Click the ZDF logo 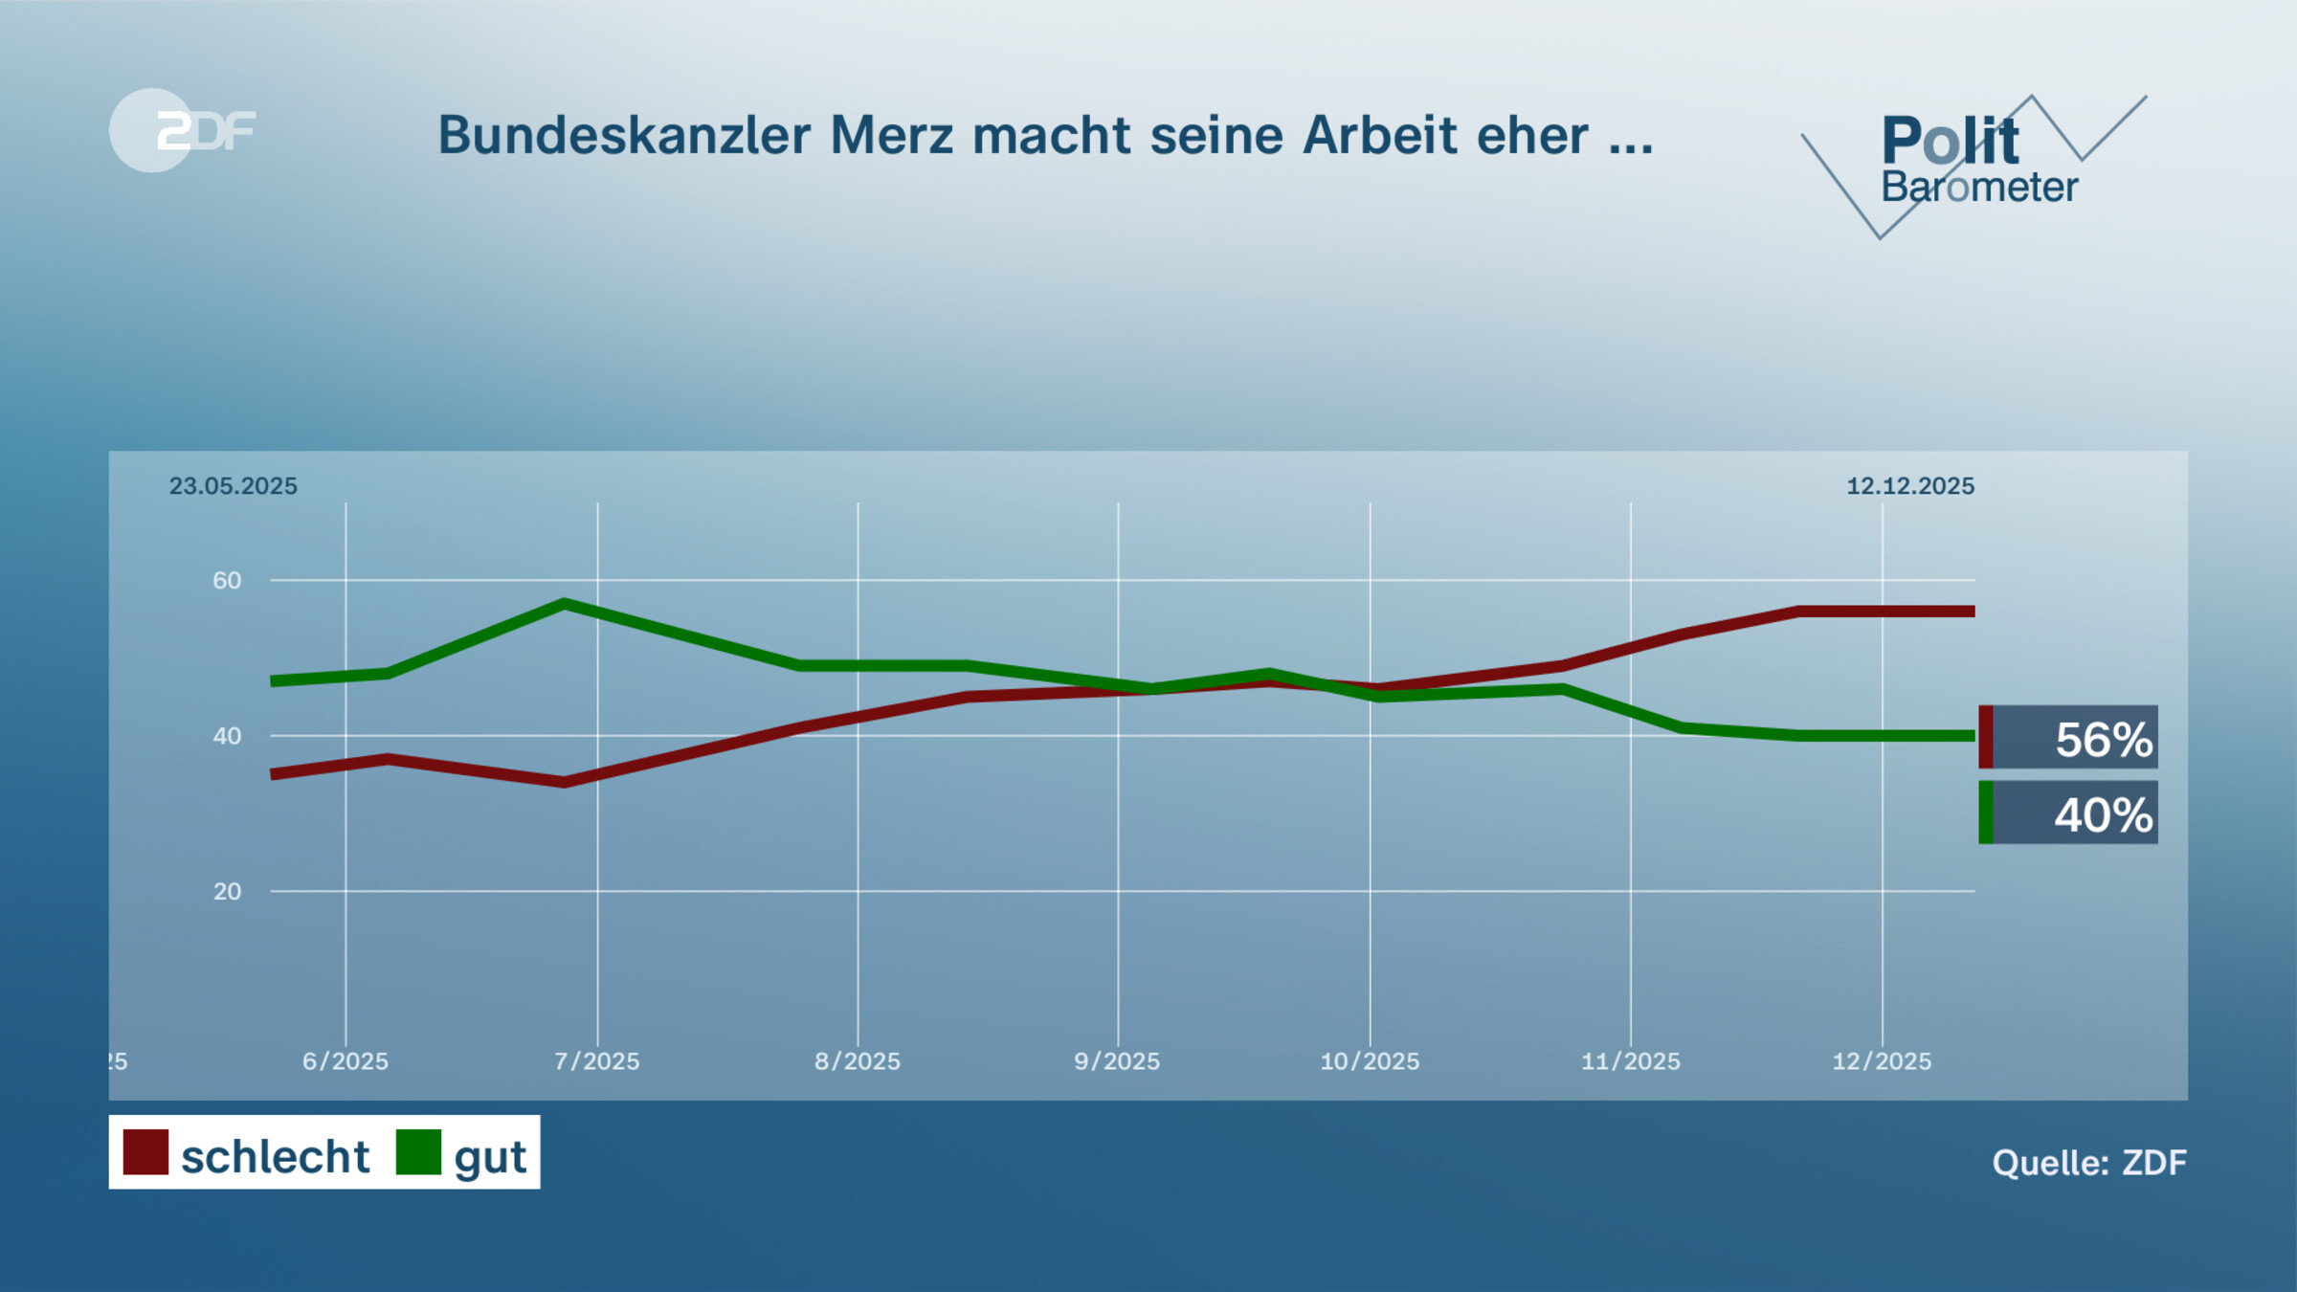(182, 130)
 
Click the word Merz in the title (891, 135)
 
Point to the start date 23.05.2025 (233, 486)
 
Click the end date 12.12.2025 (1909, 486)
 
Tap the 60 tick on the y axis (227, 580)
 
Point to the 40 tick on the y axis (227, 736)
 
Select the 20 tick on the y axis (227, 891)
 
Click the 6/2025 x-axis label (346, 1060)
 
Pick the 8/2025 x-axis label (858, 1060)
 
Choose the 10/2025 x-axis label (1370, 1060)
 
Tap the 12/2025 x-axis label (1882, 1060)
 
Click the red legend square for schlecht (145, 1152)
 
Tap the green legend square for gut (418, 1152)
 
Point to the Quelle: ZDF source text (2088, 1162)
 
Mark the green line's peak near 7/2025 (565, 604)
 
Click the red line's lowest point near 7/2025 (565, 782)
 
